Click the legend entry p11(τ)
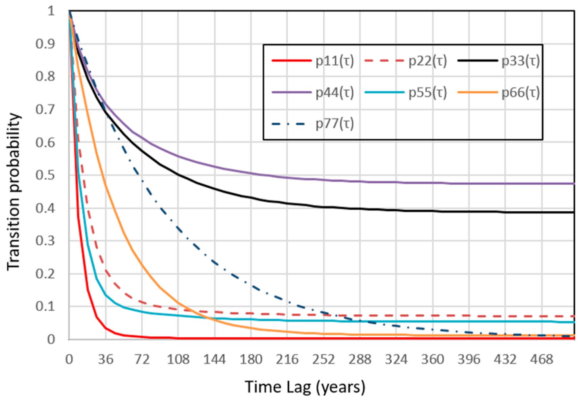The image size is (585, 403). tap(335, 61)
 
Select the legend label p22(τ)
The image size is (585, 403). tap(428, 61)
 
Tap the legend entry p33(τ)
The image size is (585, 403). tap(521, 61)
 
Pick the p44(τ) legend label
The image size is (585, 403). tap(335, 92)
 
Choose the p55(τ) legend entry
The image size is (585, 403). tap(428, 92)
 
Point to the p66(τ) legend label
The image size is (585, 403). tap(521, 92)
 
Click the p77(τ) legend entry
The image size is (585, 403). tap(335, 124)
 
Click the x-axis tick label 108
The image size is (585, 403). tap(178, 360)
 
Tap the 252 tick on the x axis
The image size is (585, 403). tap(323, 360)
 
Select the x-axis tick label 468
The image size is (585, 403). tap(541, 360)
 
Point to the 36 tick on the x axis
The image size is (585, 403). tap(106, 360)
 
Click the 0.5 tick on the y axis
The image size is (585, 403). tap(45, 175)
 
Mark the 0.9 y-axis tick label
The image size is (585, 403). tap(45, 44)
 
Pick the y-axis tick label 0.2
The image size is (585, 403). tap(45, 274)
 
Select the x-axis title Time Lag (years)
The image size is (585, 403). tap(305, 387)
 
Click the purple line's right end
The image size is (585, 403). tap(574, 184)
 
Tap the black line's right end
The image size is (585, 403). tap(574, 212)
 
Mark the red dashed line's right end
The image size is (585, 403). tap(574, 316)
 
